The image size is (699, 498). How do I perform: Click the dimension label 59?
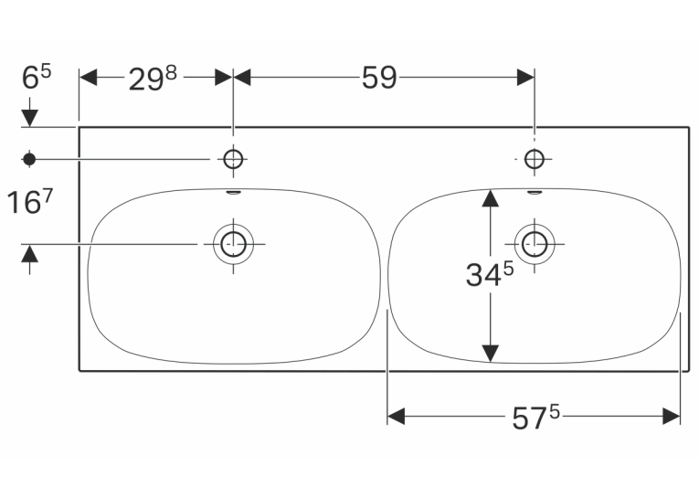pyautogui.click(x=379, y=78)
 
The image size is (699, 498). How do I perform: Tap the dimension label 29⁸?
pyautogui.click(x=153, y=79)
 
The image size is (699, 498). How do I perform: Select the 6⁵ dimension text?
pyautogui.click(x=37, y=77)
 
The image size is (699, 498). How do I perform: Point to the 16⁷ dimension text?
pyautogui.click(x=30, y=201)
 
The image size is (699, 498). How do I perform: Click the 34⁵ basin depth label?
pyautogui.click(x=490, y=274)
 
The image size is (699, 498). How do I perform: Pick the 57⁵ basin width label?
pyautogui.click(x=535, y=418)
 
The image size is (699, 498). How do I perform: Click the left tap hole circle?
pyautogui.click(x=233, y=158)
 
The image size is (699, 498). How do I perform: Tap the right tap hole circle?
pyautogui.click(x=534, y=158)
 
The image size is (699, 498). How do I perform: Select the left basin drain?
pyautogui.click(x=233, y=244)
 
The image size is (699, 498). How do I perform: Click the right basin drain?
pyautogui.click(x=535, y=244)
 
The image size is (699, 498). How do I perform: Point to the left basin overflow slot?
pyautogui.click(x=234, y=193)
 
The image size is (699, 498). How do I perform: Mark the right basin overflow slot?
pyautogui.click(x=535, y=193)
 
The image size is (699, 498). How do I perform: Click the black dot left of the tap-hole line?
pyautogui.click(x=29, y=159)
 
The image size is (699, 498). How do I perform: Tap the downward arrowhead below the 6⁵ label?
pyautogui.click(x=29, y=119)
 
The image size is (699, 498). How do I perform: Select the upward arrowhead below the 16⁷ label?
pyautogui.click(x=29, y=253)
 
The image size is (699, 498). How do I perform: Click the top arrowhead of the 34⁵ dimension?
pyautogui.click(x=491, y=198)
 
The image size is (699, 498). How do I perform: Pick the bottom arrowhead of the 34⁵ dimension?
pyautogui.click(x=491, y=354)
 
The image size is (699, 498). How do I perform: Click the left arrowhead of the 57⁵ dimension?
pyautogui.click(x=397, y=417)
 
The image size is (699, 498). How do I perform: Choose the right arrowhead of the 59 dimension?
pyautogui.click(x=525, y=77)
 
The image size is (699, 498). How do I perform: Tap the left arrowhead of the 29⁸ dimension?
pyautogui.click(x=89, y=77)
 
